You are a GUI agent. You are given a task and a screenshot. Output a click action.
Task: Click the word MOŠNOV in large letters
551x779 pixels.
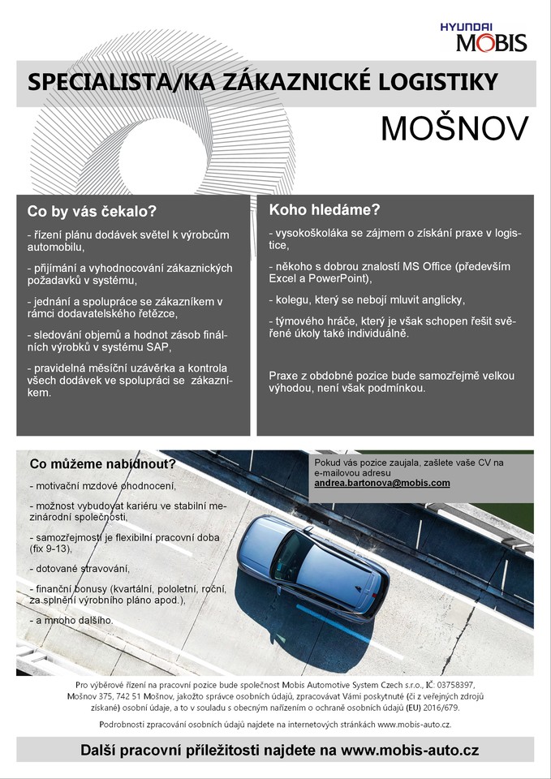tap(454, 128)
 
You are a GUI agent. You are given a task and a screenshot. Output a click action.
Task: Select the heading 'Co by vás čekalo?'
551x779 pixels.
tap(92, 212)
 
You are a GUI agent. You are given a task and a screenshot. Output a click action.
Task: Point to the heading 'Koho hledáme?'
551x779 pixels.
tap(325, 209)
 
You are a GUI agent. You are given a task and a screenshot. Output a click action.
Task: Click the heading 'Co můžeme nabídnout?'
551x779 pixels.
tap(102, 465)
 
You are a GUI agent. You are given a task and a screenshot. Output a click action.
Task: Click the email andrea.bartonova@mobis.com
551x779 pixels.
tap(382, 483)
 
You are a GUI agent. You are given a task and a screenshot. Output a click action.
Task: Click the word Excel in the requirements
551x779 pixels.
tap(284, 278)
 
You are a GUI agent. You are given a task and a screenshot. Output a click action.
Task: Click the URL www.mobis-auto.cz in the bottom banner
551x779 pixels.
tap(411, 751)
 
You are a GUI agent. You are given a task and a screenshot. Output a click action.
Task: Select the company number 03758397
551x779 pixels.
tap(459, 686)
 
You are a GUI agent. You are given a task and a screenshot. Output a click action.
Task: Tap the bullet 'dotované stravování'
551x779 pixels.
tap(80, 568)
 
